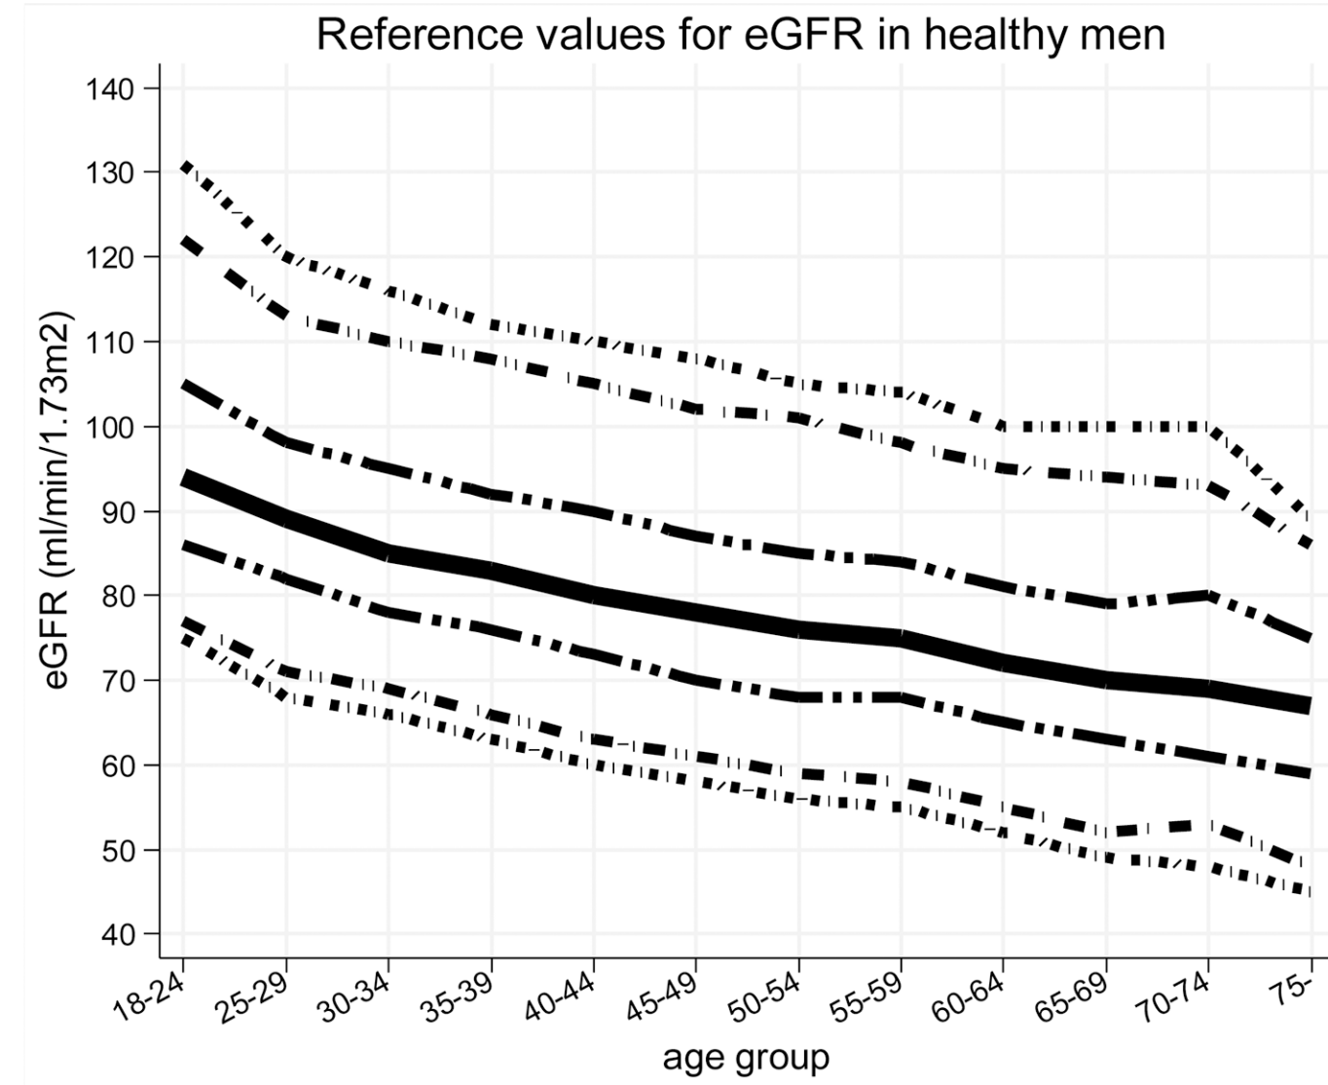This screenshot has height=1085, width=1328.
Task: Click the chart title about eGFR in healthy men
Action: click(740, 36)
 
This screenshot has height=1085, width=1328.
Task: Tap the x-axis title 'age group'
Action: click(747, 1057)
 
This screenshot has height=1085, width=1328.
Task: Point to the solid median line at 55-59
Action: click(902, 638)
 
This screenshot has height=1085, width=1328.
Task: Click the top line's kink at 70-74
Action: click(1208, 427)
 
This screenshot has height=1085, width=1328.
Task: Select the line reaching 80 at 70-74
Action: click(1208, 595)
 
